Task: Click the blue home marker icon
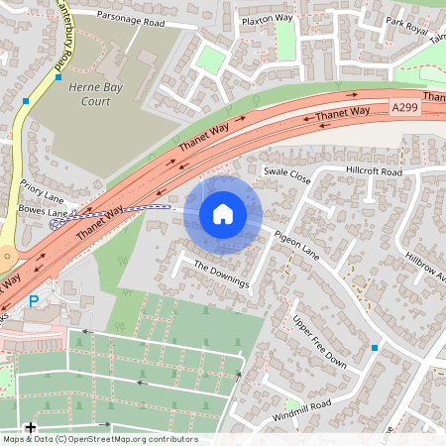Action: pyautogui.click(x=223, y=214)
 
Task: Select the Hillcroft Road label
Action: pyautogui.click(x=374, y=172)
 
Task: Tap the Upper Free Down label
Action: pyautogui.click(x=319, y=341)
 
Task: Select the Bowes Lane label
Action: pyautogui.click(x=44, y=212)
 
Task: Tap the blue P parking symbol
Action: pyautogui.click(x=34, y=301)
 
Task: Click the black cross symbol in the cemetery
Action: pyautogui.click(x=31, y=428)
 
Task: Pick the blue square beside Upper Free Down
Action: pyautogui.click(x=375, y=348)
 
